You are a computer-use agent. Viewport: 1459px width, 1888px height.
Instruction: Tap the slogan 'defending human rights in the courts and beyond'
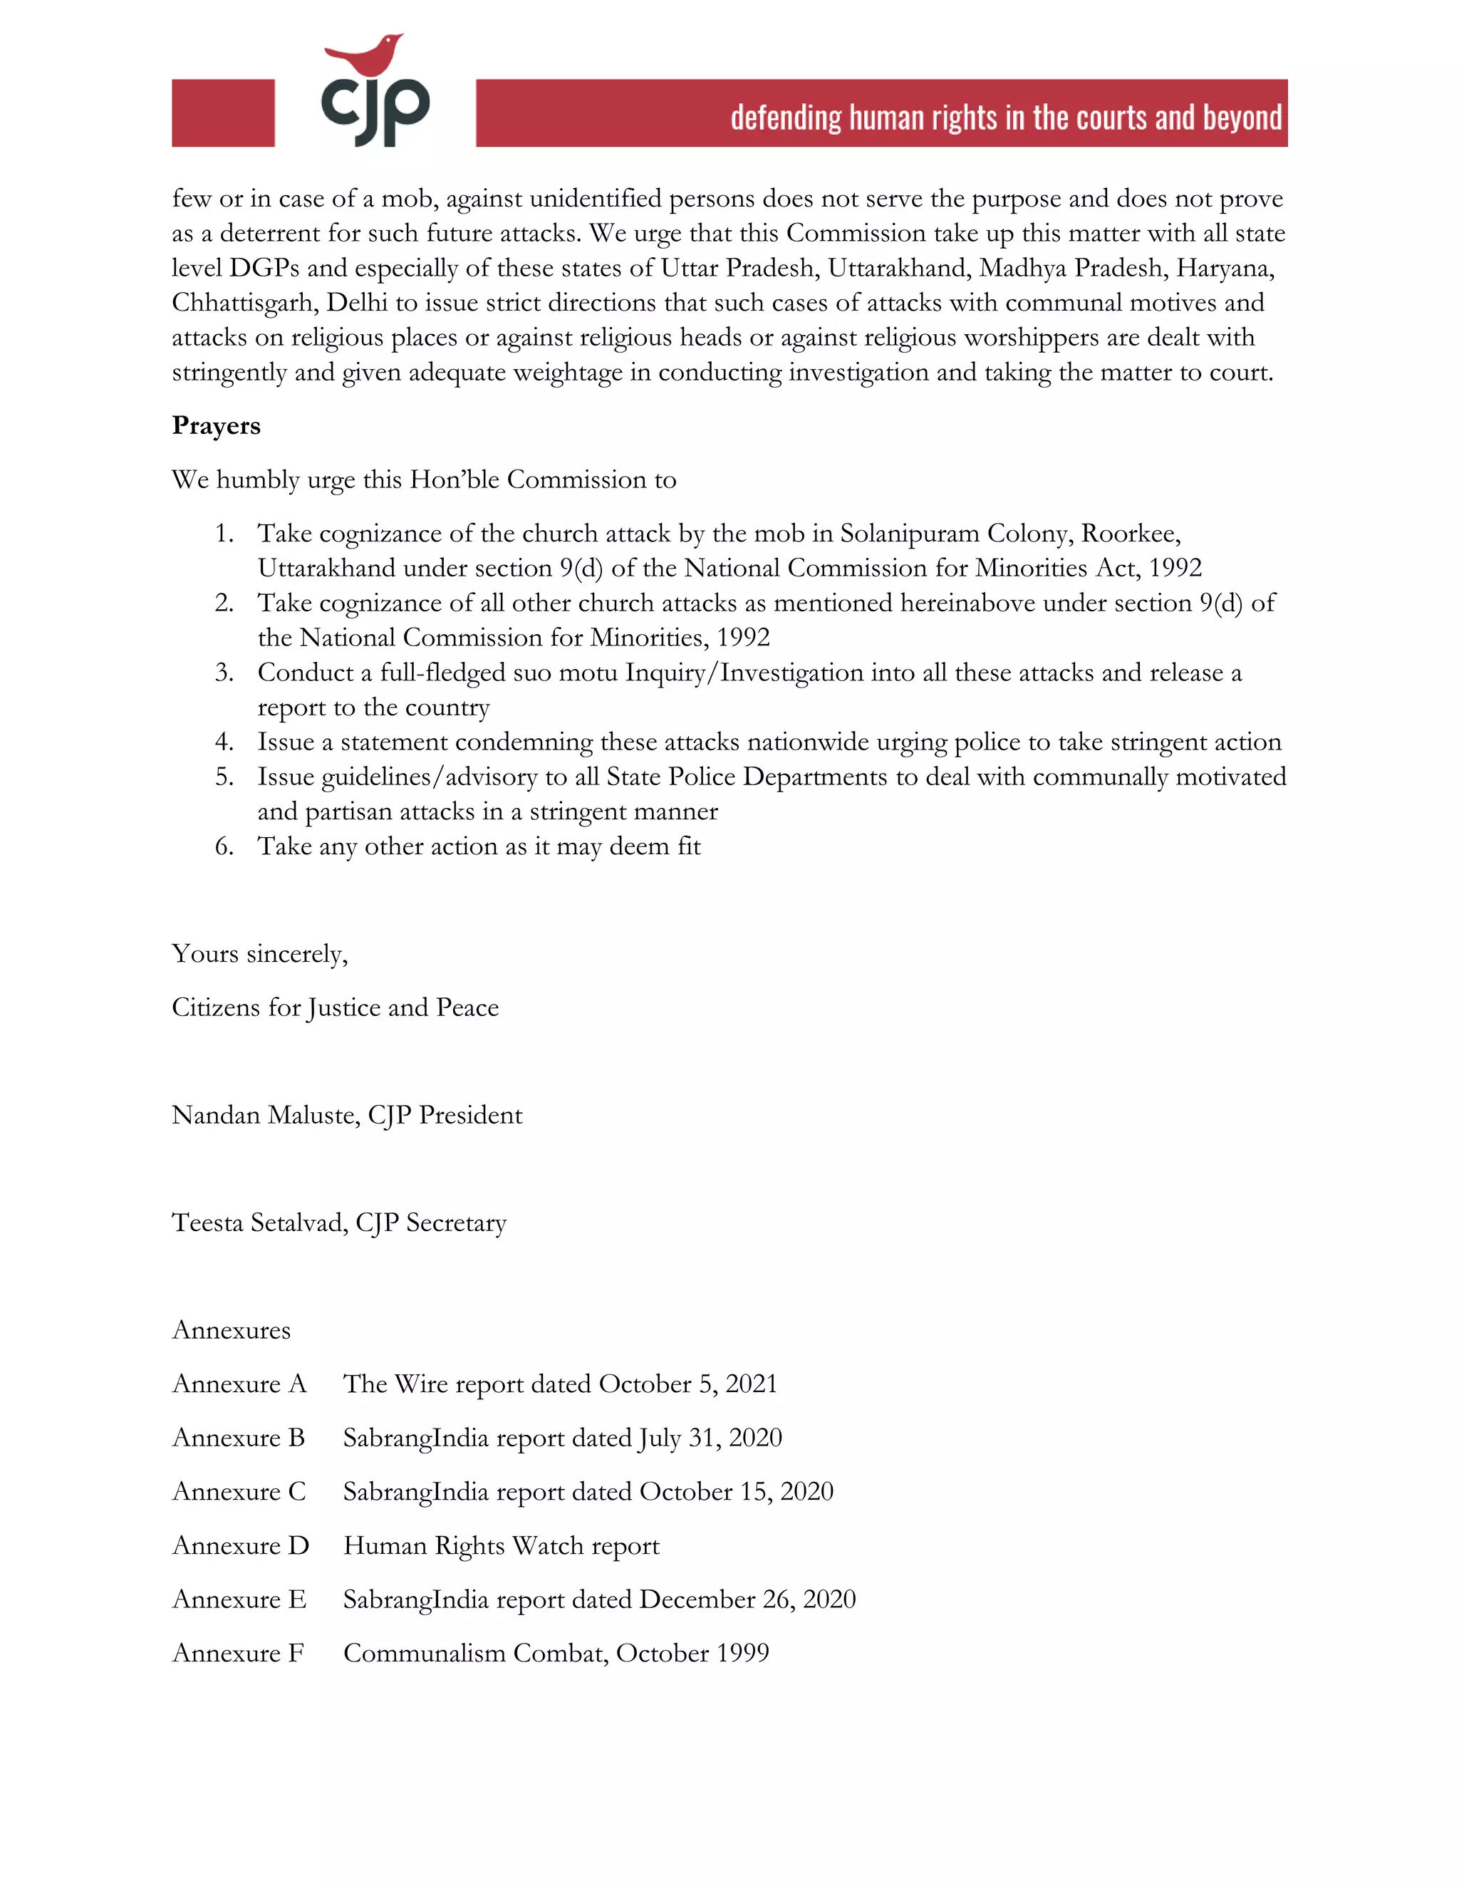coord(1005,118)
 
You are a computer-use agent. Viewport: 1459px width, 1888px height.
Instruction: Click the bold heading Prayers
coord(216,425)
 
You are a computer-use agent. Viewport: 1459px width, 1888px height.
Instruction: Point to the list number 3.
coord(224,673)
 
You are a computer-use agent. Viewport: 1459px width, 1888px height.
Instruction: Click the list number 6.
coord(224,846)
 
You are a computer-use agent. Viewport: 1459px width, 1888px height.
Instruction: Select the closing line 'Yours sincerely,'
coord(259,953)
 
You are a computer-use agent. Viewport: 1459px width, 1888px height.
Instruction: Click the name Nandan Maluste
coord(264,1115)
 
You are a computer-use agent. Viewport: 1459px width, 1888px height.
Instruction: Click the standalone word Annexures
coord(232,1330)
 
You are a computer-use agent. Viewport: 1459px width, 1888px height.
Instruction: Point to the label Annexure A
coord(239,1384)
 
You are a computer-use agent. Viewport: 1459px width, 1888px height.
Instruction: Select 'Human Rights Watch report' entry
coord(502,1546)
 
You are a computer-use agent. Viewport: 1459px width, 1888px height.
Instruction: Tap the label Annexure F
coord(238,1654)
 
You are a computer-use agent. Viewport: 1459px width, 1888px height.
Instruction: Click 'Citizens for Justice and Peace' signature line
coord(336,1008)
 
